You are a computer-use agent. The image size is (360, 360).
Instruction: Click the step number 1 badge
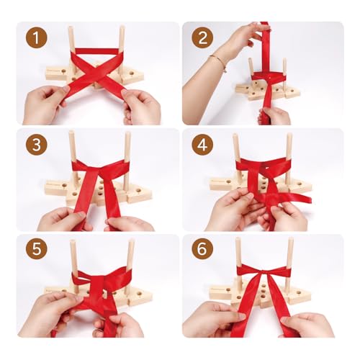[37, 37]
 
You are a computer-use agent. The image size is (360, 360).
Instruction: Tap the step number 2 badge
[202, 37]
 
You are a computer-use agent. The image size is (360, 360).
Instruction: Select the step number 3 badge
[37, 145]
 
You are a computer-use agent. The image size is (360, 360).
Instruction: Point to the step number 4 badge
[202, 145]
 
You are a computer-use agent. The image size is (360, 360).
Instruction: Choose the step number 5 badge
[37, 248]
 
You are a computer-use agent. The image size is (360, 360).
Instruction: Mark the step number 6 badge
[202, 248]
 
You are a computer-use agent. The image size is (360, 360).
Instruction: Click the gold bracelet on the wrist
[220, 62]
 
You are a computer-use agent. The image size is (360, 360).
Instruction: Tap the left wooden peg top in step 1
[71, 28]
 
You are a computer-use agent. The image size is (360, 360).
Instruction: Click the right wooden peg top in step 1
[122, 27]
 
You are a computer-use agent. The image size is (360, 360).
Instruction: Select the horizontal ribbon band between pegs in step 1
[96, 51]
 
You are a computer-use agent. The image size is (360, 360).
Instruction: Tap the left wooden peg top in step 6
[238, 239]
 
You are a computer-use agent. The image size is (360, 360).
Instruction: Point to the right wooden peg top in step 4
[289, 135]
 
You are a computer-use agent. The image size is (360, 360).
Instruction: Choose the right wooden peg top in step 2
[284, 60]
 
